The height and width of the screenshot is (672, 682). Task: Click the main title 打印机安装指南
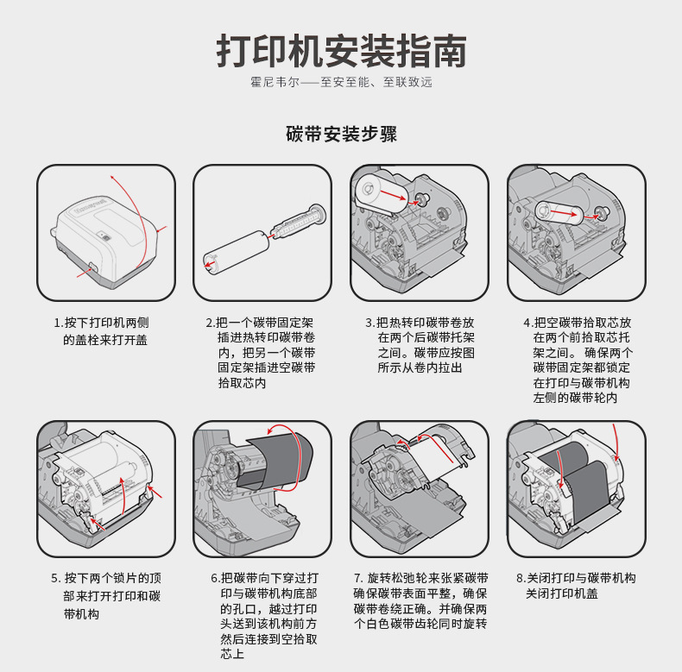(341, 51)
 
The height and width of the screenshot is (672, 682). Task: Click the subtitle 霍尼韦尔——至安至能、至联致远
(341, 83)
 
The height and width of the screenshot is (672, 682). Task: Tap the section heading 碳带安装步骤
(341, 135)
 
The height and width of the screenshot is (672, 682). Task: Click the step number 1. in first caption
(58, 323)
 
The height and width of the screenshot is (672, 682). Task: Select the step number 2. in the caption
(210, 323)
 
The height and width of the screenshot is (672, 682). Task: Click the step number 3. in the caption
(369, 323)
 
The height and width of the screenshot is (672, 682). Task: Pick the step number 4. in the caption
(527, 323)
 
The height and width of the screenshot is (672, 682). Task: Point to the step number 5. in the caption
(56, 578)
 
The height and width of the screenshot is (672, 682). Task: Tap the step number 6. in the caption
(215, 578)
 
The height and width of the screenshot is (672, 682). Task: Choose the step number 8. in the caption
(521, 578)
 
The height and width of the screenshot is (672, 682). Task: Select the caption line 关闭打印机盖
(562, 594)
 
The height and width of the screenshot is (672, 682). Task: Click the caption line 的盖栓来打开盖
(105, 340)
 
